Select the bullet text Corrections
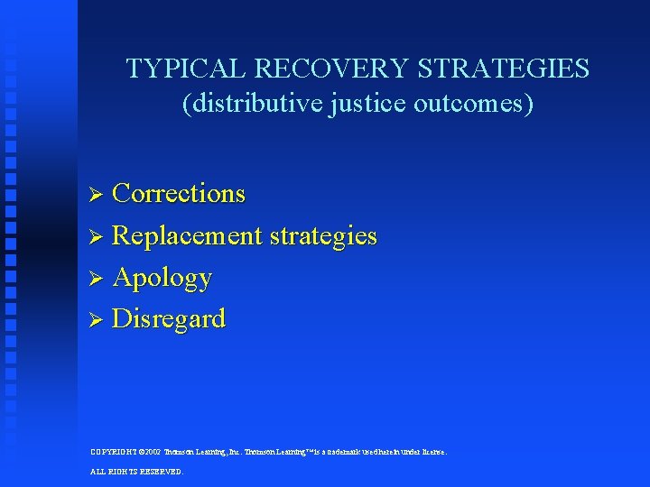[x=179, y=194]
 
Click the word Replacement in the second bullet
[x=187, y=236]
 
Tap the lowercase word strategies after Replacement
[x=322, y=236]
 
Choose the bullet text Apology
[x=162, y=278]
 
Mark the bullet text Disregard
[x=169, y=319]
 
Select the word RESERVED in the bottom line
[x=162, y=471]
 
